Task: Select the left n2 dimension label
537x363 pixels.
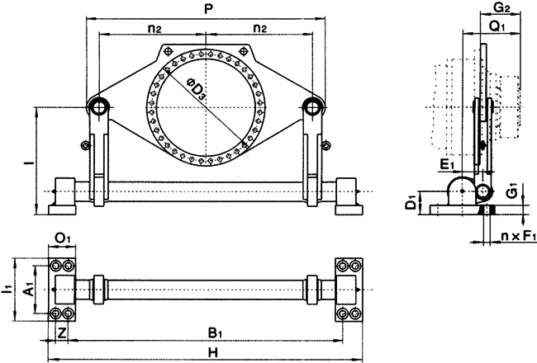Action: (154, 28)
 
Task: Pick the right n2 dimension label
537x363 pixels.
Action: (259, 28)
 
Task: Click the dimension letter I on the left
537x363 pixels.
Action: (29, 162)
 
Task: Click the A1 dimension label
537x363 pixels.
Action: (28, 291)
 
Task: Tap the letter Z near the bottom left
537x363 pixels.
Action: (63, 333)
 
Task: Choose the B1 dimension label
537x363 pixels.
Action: (215, 333)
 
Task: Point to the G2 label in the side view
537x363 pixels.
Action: (501, 9)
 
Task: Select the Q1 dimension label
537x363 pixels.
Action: (498, 27)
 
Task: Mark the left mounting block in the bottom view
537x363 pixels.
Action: (64, 291)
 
